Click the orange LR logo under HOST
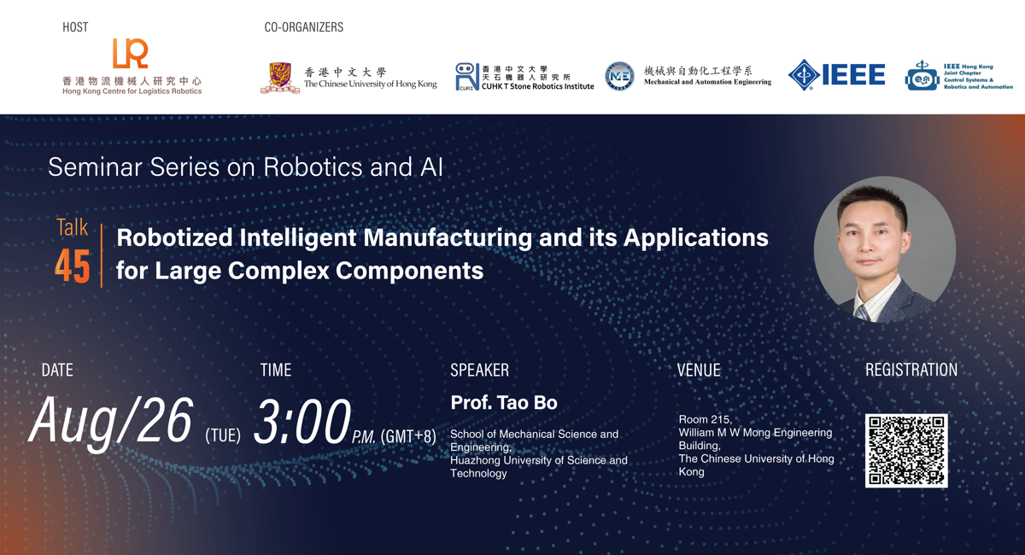click(131, 53)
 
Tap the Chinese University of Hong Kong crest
click(280, 79)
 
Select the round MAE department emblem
click(619, 76)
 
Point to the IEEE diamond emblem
click(804, 74)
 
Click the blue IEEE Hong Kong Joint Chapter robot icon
click(922, 76)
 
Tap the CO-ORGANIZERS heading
click(304, 27)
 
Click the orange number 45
click(73, 266)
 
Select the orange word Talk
click(72, 227)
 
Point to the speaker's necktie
click(863, 312)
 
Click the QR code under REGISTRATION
click(906, 451)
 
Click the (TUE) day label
click(223, 435)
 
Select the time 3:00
click(302, 422)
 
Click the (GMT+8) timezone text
click(408, 436)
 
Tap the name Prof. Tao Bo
click(504, 403)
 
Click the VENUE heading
click(699, 371)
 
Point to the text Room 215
click(705, 419)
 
